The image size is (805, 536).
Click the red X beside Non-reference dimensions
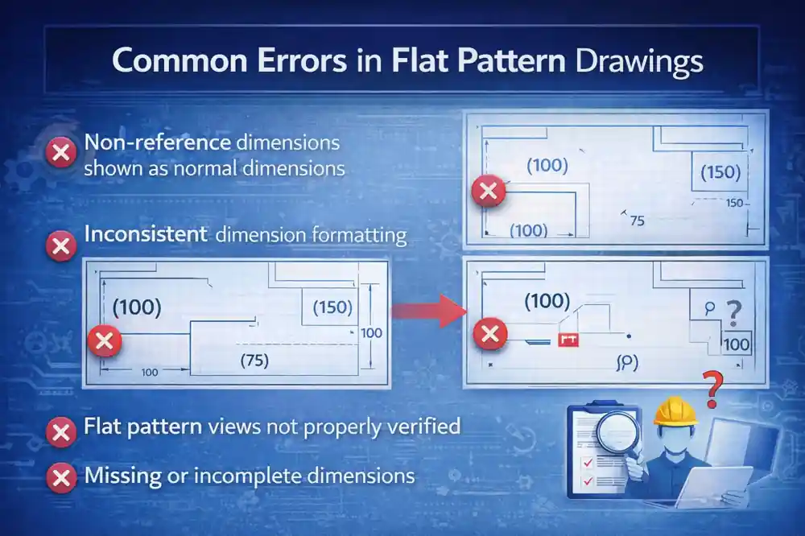pyautogui.click(x=60, y=152)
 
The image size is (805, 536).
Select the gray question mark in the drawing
pyautogui.click(x=733, y=311)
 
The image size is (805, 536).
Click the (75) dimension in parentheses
pyautogui.click(x=254, y=362)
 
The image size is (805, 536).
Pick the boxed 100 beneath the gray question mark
pyautogui.click(x=736, y=344)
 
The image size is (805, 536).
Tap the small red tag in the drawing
pyautogui.click(x=568, y=340)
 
